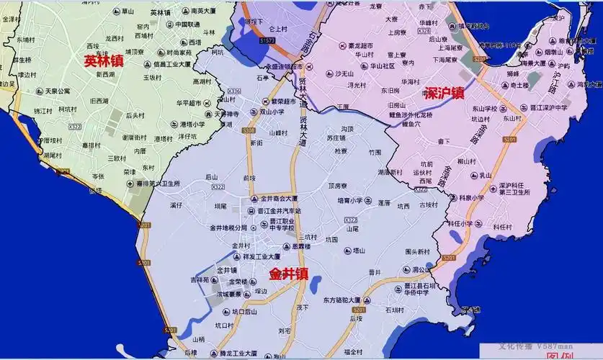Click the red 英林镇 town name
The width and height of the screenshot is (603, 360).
(103, 62)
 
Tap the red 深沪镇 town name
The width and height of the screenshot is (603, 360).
(445, 94)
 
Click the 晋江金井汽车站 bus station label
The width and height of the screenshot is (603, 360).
(278, 211)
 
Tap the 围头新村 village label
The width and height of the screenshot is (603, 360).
(417, 252)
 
